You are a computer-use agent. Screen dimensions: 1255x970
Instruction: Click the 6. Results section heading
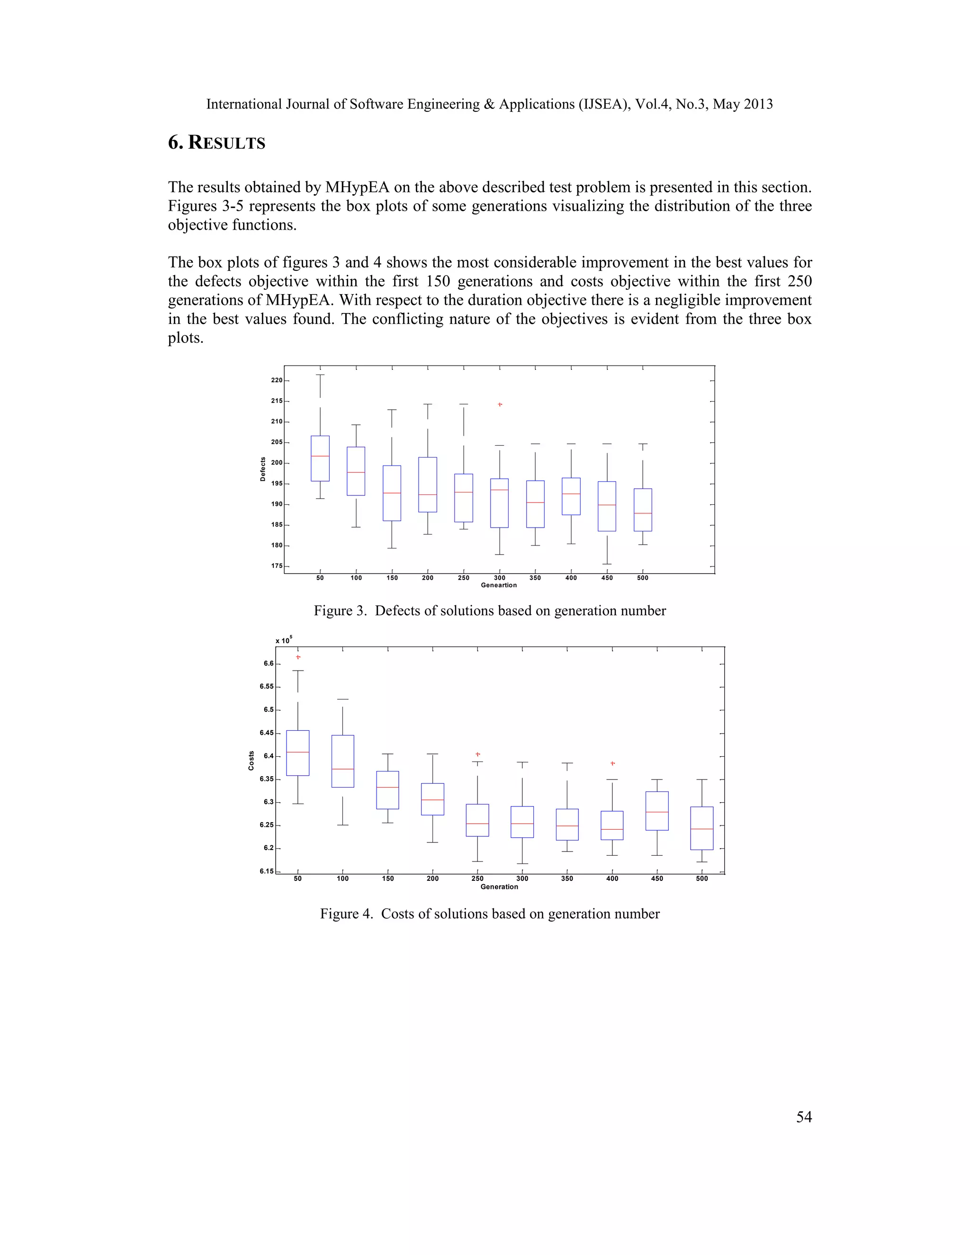tap(216, 143)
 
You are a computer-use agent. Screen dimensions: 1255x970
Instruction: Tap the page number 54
tap(803, 1117)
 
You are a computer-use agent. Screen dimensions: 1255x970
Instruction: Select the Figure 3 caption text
tap(490, 611)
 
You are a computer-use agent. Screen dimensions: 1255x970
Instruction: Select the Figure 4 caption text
tap(490, 914)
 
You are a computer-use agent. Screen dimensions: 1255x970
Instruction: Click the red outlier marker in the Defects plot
tap(500, 404)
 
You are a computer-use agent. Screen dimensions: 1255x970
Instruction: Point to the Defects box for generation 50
tap(320, 458)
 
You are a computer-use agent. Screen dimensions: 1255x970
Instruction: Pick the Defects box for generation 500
tap(642, 510)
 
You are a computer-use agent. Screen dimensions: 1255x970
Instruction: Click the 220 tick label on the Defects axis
tap(277, 380)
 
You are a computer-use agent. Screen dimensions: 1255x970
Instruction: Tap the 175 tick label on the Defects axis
tap(277, 566)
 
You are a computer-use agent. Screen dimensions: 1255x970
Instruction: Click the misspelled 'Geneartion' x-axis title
tap(499, 585)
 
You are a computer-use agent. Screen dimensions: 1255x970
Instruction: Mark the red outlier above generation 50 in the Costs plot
tap(297, 657)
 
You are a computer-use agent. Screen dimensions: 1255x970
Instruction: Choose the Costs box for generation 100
tap(342, 762)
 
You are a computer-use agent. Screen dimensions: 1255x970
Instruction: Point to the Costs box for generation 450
tap(657, 811)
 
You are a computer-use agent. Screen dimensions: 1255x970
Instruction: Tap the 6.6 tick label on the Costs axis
tap(269, 663)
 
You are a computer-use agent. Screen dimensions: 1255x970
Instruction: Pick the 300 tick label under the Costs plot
tap(522, 878)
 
